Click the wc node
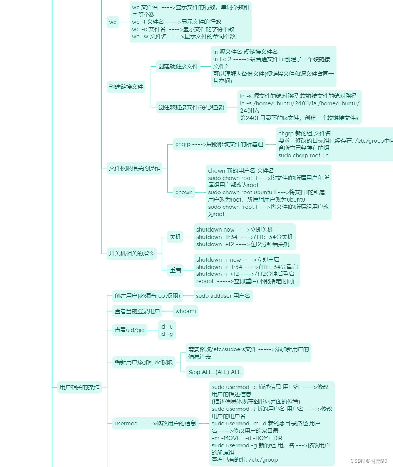point(112,22)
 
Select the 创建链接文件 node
point(126,87)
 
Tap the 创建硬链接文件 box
point(178,67)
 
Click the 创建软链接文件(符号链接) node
point(191,107)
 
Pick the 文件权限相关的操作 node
point(134,168)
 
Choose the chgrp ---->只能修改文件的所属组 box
point(219,144)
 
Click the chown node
point(184,192)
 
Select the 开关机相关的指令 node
point(131,253)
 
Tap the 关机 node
point(175,237)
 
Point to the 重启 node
point(175,270)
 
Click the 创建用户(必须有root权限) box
point(147,296)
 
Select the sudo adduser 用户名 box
point(223,296)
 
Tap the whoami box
point(186,311)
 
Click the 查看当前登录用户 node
point(137,311)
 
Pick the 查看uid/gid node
point(130,330)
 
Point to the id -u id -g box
point(167,330)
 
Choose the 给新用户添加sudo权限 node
point(144,362)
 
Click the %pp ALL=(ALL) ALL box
point(214,372)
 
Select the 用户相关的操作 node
point(79,387)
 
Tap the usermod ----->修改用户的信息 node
point(155,424)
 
